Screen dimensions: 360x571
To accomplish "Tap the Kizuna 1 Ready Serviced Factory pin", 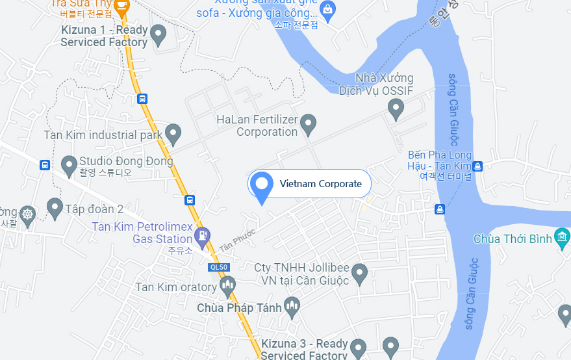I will click(158, 34).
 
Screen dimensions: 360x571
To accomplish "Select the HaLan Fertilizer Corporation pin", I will click(309, 123).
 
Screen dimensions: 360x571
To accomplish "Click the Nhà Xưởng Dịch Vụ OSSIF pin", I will click(396, 108).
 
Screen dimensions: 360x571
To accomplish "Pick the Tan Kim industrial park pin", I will click(172, 133).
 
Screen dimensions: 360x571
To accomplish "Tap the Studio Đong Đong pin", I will click(69, 165).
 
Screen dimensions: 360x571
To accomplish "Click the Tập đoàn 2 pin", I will click(55, 208).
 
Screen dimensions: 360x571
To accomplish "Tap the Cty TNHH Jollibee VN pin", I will click(359, 272).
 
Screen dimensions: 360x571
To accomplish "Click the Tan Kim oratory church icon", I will click(227, 285).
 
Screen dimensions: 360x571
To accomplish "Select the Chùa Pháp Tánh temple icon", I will click(292, 307).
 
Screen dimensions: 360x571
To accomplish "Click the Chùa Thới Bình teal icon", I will click(562, 239).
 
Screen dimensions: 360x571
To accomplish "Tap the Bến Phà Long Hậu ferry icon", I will click(477, 166).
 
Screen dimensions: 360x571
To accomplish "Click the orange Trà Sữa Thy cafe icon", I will click(121, 5).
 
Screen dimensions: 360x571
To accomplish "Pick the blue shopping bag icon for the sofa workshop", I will click(328, 10).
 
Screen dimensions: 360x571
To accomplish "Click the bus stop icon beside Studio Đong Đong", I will click(45, 165).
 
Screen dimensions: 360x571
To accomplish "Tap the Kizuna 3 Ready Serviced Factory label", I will click(305, 350).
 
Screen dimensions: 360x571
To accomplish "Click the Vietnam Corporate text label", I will click(320, 184).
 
